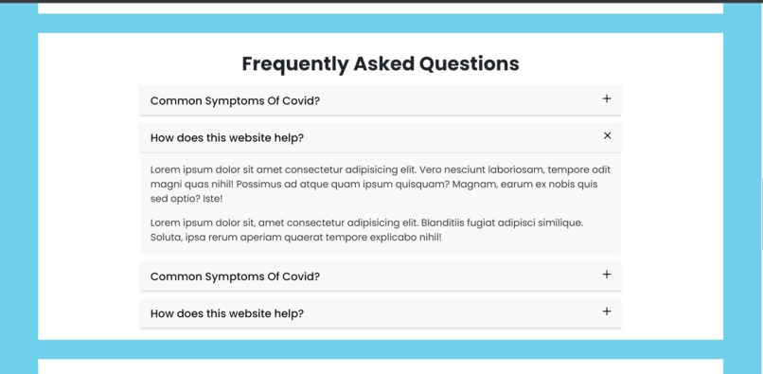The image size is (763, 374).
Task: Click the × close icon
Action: click(x=607, y=136)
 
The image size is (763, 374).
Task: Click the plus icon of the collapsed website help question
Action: click(x=607, y=312)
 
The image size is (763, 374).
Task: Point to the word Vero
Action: click(x=433, y=169)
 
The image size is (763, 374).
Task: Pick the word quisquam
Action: click(x=422, y=185)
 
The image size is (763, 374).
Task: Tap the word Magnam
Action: click(x=474, y=185)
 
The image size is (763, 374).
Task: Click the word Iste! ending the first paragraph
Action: click(x=212, y=199)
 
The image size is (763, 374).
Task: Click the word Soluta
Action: click(x=166, y=237)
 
